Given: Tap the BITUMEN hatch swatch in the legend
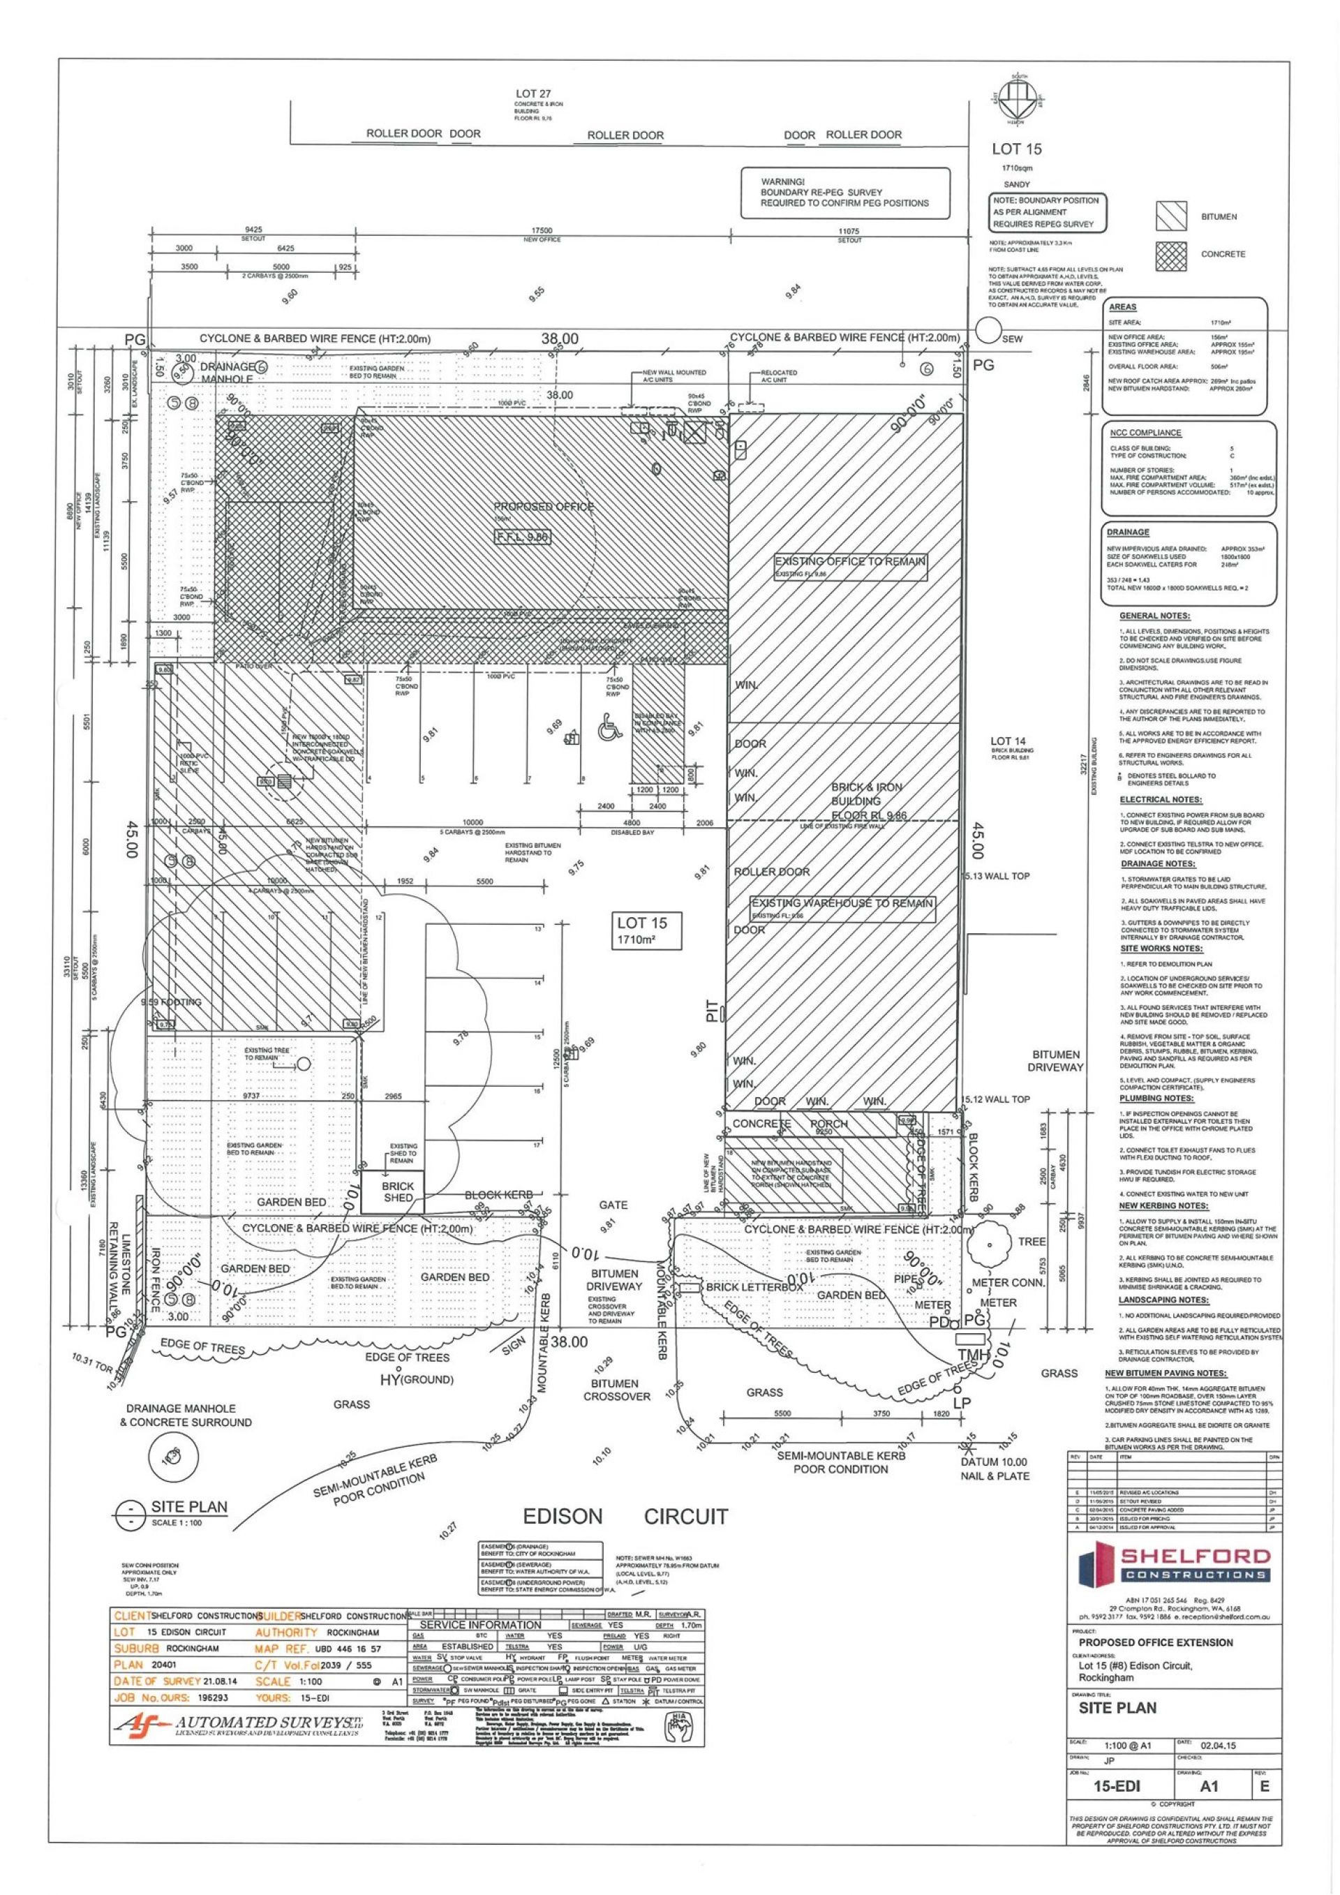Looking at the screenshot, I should (x=1171, y=217).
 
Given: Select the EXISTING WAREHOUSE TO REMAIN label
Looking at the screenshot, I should (x=842, y=903).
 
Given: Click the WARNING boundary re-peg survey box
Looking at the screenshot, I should (x=844, y=193).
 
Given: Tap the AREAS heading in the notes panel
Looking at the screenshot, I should (x=1123, y=307).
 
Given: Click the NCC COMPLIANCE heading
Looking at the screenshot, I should (x=1145, y=433).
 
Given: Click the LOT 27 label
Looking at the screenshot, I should (x=533, y=94).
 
